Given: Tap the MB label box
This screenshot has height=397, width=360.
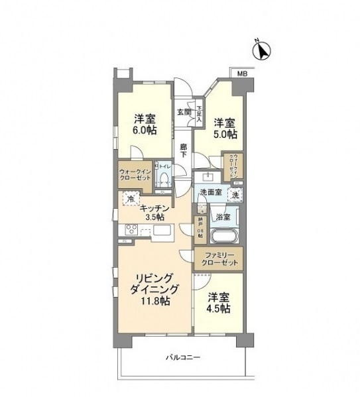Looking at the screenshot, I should click(x=242, y=74).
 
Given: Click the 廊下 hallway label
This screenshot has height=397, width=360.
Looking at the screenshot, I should click(x=184, y=150).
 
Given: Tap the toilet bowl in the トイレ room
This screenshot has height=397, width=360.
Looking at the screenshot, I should click(x=164, y=177).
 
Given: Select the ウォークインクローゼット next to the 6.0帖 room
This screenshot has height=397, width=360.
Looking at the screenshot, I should click(x=135, y=175).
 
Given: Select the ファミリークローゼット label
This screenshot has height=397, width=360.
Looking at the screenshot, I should click(x=218, y=258).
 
